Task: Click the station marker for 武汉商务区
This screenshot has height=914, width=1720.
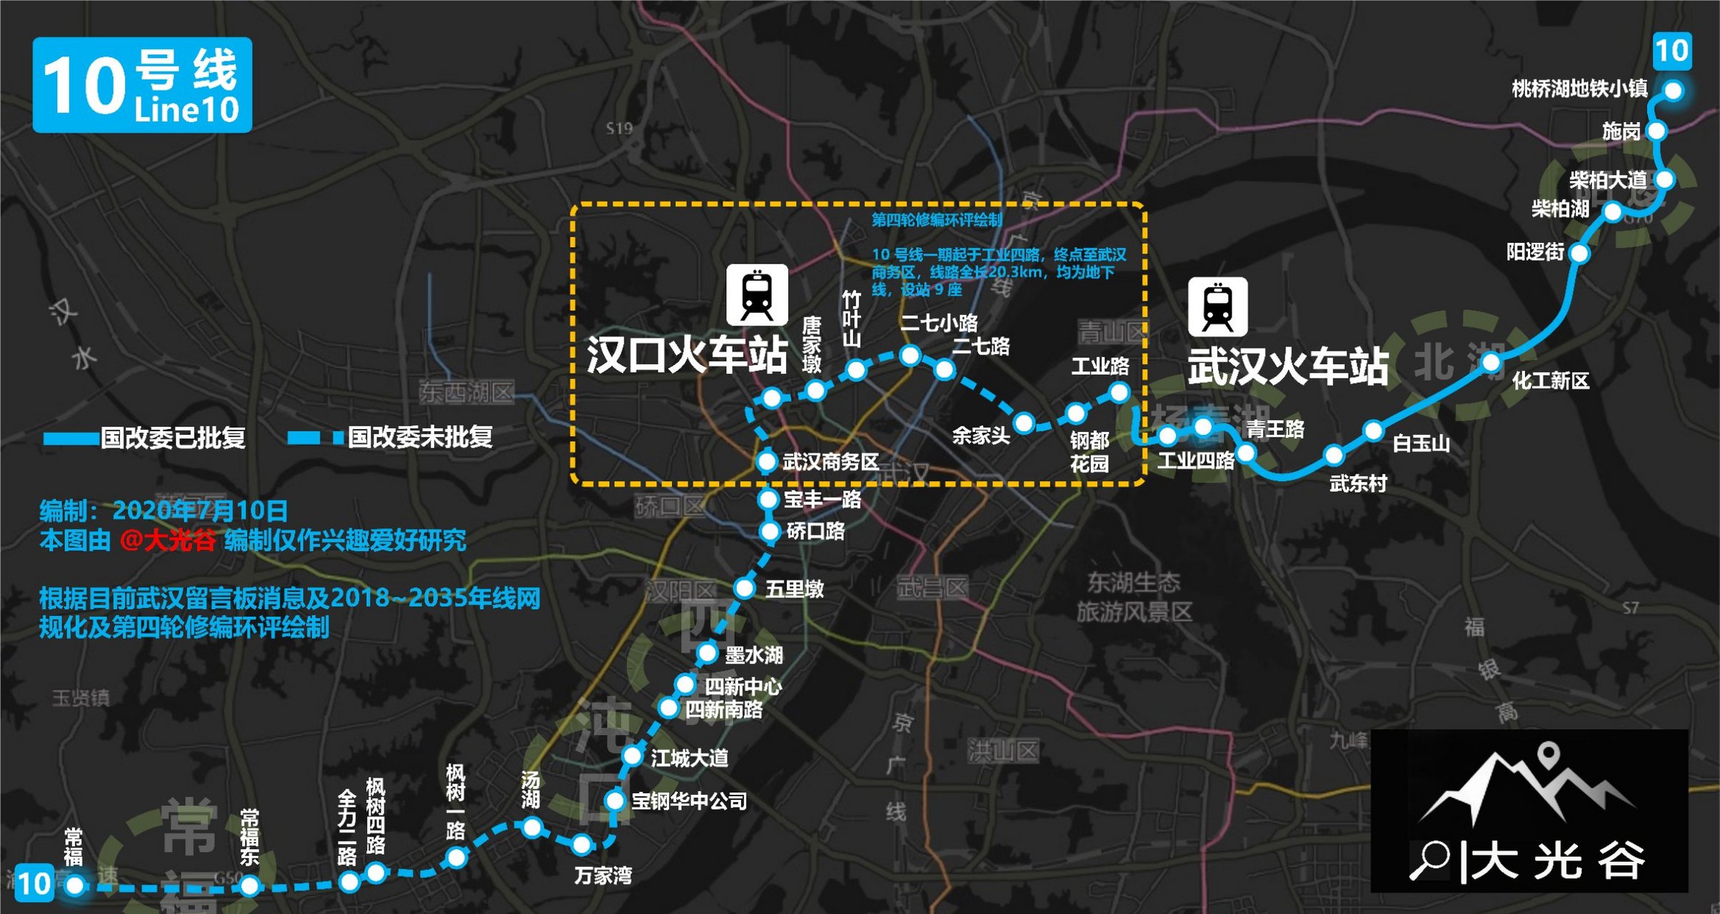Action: coord(766,461)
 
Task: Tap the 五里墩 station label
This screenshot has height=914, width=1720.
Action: coord(794,589)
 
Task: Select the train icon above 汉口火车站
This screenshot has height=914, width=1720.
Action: coord(757,294)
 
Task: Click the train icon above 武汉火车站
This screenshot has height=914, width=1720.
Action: coord(1217,307)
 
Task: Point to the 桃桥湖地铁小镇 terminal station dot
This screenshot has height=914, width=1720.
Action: coord(1673,91)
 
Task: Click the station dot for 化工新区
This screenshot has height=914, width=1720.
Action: coord(1491,363)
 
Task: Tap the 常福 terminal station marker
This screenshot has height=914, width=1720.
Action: coord(74,885)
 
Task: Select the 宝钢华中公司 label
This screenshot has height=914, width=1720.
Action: coord(689,801)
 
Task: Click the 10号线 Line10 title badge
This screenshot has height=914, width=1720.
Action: coord(142,85)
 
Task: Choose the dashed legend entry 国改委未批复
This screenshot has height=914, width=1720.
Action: coord(390,438)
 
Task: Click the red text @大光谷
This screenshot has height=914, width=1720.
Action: coord(168,541)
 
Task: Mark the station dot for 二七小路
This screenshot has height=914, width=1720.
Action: coord(910,355)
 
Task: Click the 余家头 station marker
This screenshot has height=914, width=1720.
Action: coord(1024,423)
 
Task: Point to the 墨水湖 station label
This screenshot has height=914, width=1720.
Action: coord(753,655)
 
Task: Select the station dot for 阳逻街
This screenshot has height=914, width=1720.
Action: coord(1579,253)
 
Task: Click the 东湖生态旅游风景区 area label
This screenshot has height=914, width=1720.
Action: coord(1134,597)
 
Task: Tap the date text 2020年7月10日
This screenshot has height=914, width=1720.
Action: coord(200,511)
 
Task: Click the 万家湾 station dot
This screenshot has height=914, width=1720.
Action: coord(582,845)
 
